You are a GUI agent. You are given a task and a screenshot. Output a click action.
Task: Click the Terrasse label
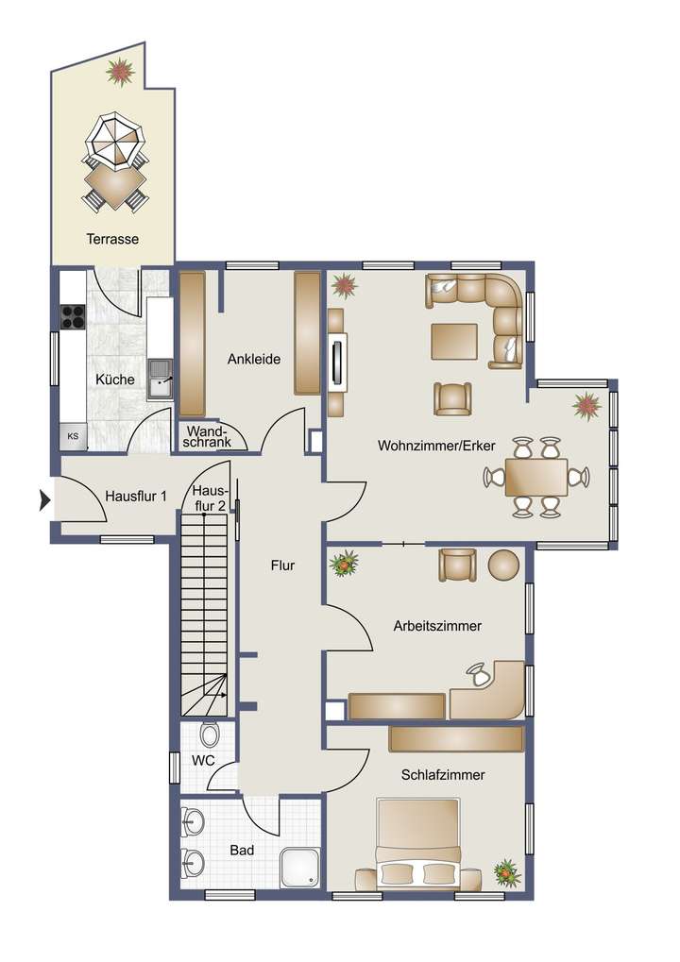coord(112,239)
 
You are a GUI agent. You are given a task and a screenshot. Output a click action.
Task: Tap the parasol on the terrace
coord(116,141)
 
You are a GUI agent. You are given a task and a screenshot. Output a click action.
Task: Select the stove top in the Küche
coord(73,317)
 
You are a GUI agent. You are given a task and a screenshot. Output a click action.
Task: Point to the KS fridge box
coord(72,436)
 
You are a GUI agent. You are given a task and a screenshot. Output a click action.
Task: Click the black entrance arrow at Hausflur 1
coord(43,499)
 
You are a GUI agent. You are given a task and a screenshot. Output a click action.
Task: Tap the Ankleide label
coord(254,359)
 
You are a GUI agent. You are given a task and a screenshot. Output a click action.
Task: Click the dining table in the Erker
coord(536,477)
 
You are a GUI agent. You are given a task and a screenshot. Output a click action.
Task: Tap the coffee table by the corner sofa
coord(454,341)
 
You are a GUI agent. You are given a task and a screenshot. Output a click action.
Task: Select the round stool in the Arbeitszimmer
coord(503,565)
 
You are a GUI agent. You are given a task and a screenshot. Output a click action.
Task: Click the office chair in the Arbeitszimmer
coord(479,674)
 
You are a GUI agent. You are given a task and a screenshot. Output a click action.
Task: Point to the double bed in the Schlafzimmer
coord(418,843)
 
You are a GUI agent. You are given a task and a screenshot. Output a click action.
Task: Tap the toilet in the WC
coord(211,734)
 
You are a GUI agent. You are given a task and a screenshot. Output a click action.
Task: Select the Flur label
coord(282,566)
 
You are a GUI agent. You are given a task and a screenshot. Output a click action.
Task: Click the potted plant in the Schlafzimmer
coord(507,872)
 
